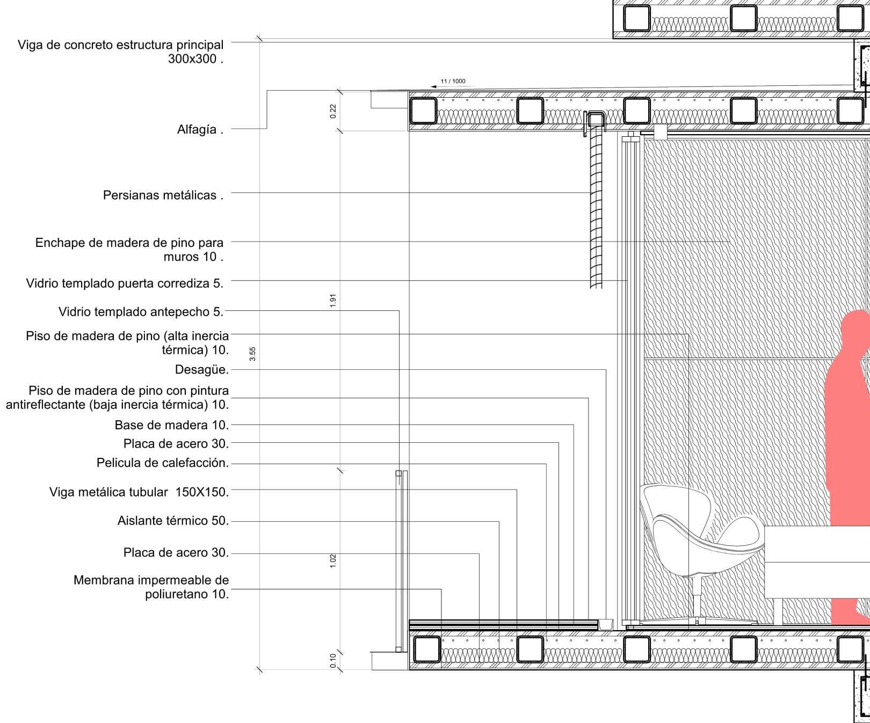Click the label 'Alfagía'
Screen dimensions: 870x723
200,129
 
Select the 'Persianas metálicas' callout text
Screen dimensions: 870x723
163,195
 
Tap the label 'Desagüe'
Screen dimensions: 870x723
201,370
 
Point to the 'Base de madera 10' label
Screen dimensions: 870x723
171,425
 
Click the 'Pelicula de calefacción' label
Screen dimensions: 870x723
162,463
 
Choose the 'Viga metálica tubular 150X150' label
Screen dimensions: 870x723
139,492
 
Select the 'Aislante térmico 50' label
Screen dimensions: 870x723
173,521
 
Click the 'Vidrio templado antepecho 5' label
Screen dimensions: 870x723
141,311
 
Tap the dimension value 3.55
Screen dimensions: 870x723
252,354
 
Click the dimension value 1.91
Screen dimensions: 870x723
333,301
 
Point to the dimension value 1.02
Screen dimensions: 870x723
333,561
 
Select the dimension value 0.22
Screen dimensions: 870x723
333,111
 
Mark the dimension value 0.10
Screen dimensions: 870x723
333,660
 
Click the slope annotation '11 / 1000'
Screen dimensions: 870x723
453,82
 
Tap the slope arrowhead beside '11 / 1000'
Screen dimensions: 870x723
434,86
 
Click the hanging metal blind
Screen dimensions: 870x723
596,209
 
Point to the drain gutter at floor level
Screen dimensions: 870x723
606,624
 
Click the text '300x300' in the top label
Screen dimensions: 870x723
194,59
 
